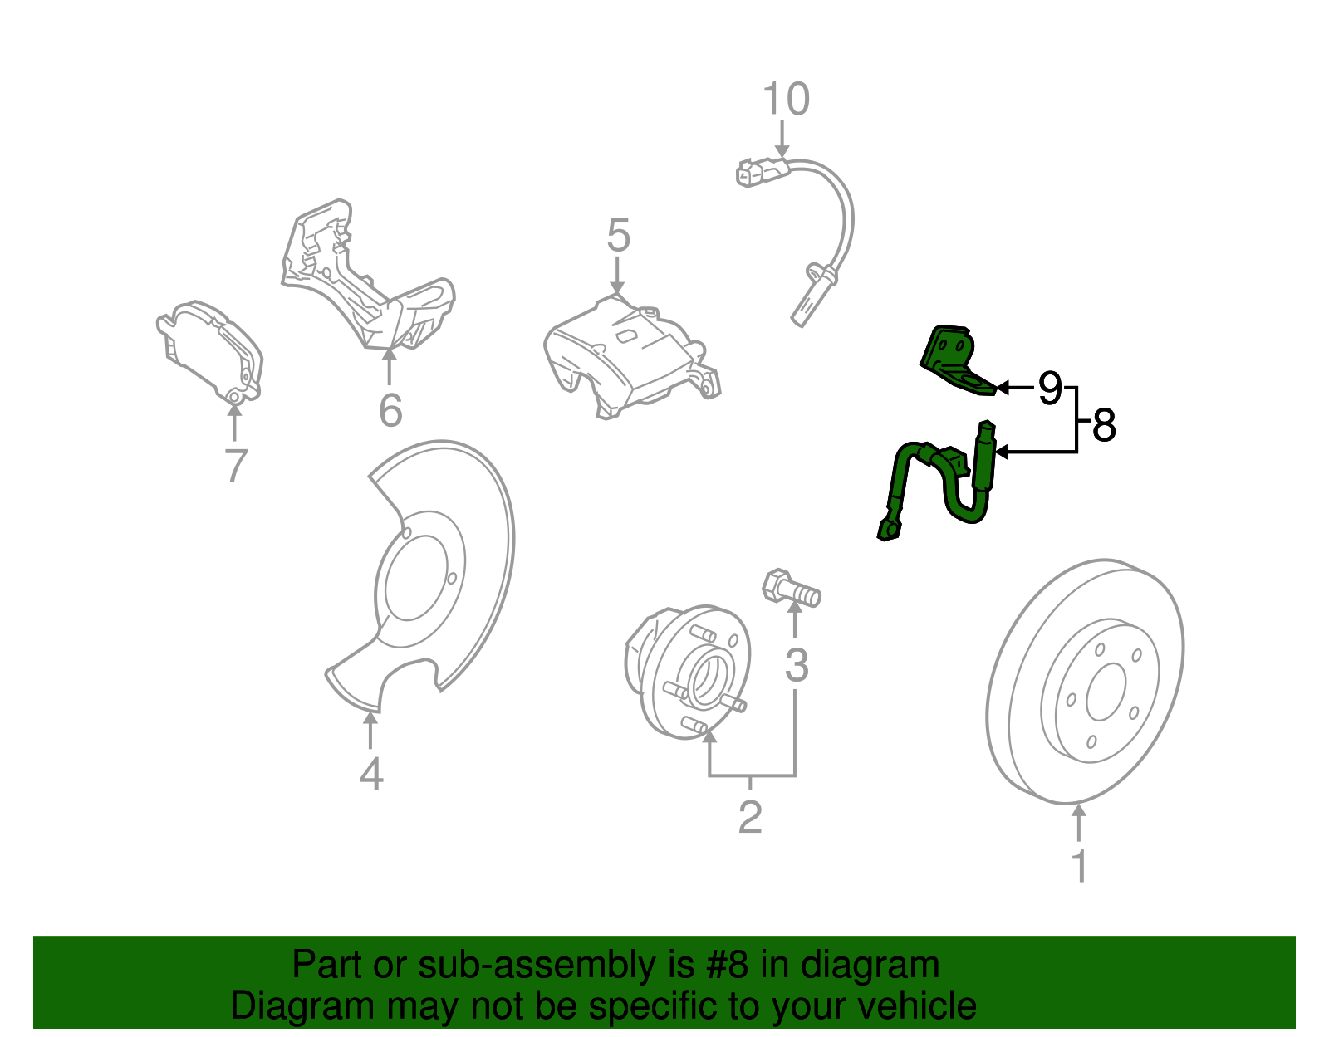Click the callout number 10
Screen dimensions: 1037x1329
point(785,100)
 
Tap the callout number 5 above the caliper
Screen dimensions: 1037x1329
point(618,236)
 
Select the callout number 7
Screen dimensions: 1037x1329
point(236,466)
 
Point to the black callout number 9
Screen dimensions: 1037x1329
point(1050,388)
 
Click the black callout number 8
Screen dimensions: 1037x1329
point(1104,426)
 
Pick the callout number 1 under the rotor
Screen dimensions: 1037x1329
point(1079,866)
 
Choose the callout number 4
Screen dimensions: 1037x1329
point(371,775)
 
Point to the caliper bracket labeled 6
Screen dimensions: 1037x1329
point(365,282)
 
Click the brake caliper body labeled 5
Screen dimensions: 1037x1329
point(631,357)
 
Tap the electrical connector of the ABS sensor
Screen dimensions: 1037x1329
point(760,172)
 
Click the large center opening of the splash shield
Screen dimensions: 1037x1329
point(415,577)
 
